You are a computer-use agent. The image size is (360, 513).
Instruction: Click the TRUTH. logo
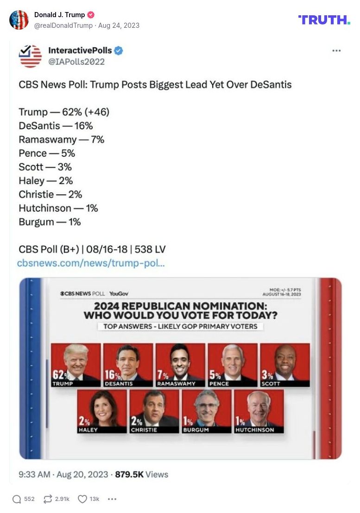pos(324,19)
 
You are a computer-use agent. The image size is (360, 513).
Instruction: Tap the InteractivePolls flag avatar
pos(30,56)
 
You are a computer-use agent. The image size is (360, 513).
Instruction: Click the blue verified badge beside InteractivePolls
pos(119,51)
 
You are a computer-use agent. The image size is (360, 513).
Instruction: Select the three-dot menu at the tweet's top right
pos(336,51)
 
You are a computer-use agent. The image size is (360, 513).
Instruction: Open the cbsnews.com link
pos(91,263)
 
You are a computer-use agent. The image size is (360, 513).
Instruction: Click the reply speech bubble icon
pos(17,499)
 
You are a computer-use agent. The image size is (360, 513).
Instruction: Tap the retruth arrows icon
pos(48,499)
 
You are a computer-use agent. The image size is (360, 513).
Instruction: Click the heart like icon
pos(82,499)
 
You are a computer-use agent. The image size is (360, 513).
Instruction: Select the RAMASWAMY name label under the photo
pos(176,384)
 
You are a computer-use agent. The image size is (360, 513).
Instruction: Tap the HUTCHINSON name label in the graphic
pos(254,430)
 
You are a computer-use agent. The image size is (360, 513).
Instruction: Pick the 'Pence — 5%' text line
pos(47,153)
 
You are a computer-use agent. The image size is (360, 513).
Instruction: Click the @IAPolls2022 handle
pos(76,62)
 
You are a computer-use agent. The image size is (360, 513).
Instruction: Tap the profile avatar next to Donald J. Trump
pos(19,19)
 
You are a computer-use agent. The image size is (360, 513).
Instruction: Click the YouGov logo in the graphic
pos(119,294)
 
